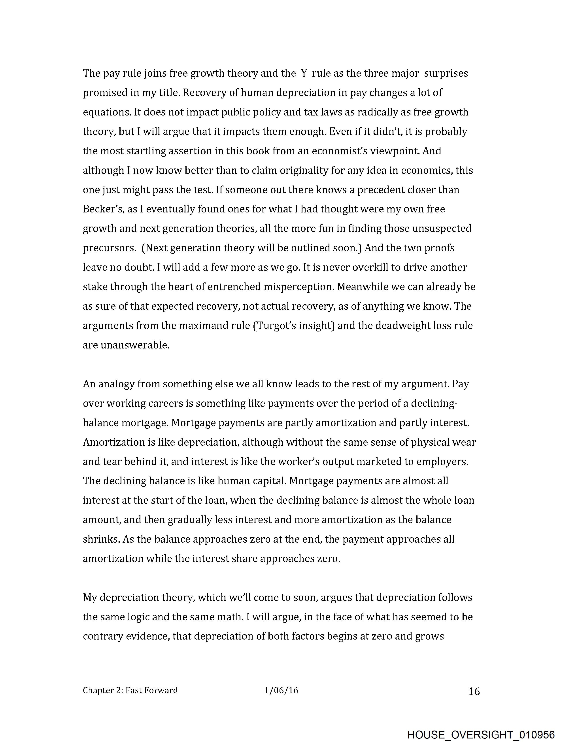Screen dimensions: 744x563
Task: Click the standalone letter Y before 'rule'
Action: pos(304,73)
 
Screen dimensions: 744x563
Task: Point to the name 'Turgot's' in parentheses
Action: pos(277,326)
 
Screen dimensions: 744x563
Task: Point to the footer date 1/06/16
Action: pos(281,691)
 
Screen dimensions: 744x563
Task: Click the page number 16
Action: pos(474,691)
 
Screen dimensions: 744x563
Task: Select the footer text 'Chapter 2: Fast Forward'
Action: pos(130,691)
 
